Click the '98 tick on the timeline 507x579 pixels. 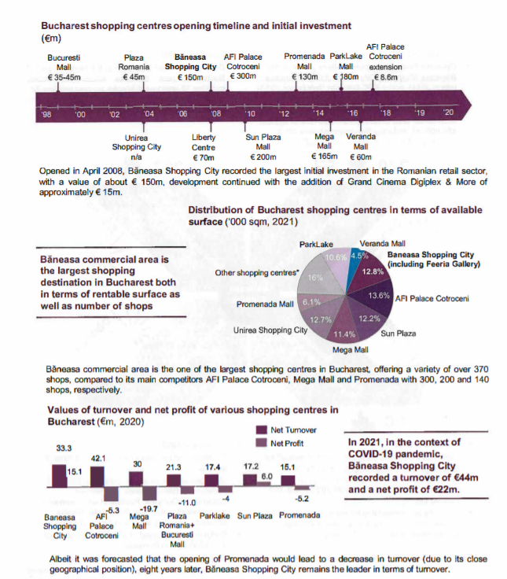(46, 115)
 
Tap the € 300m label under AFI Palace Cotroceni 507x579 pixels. (242, 77)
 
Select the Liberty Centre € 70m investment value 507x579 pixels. (204, 157)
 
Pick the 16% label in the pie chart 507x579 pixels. (314, 278)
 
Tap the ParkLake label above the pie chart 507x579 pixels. (316, 245)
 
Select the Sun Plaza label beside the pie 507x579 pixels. (401, 334)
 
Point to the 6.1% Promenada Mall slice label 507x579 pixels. (312, 302)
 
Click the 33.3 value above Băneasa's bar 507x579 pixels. (63, 448)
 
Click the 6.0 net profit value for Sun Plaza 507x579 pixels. (266, 477)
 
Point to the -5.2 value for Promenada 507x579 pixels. (302, 498)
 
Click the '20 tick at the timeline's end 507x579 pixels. (448, 115)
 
